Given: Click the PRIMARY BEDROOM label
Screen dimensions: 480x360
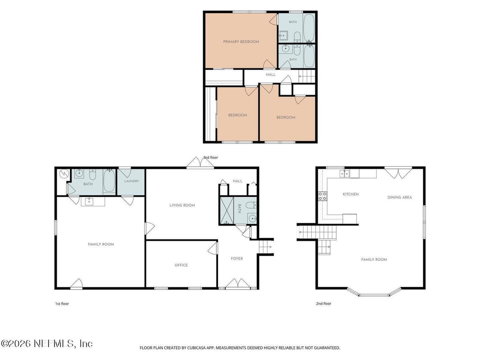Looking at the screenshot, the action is (241, 42).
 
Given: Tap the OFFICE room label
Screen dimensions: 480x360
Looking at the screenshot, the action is (181, 265).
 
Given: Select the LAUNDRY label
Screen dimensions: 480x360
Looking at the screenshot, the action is (132, 181).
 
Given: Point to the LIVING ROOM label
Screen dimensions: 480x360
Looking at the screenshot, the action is (182, 205).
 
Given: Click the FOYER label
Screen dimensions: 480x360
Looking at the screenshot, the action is (237, 258).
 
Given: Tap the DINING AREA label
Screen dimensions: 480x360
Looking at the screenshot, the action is (400, 197).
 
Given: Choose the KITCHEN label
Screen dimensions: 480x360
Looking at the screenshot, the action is (350, 194).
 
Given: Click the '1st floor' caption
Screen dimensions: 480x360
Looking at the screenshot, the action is (62, 304).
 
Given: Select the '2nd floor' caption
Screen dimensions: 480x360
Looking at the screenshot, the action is (324, 304).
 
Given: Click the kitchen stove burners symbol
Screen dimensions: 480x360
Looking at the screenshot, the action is (322, 196).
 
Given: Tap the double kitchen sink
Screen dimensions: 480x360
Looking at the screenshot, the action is (345, 174).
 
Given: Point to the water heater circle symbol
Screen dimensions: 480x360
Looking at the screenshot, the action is (64, 174).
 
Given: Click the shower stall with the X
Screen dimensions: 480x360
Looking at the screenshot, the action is (227, 210).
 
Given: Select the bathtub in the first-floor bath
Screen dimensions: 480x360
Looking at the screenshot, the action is (109, 181).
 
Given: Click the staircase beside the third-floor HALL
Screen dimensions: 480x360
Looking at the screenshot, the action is (306, 76).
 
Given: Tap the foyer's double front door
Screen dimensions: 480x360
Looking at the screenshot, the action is (238, 284).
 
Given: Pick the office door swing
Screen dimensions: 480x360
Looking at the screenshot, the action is (212, 248).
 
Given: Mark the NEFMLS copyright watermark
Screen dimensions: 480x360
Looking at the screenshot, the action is (46, 344).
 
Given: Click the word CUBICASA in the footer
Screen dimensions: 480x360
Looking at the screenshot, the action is (196, 348).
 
